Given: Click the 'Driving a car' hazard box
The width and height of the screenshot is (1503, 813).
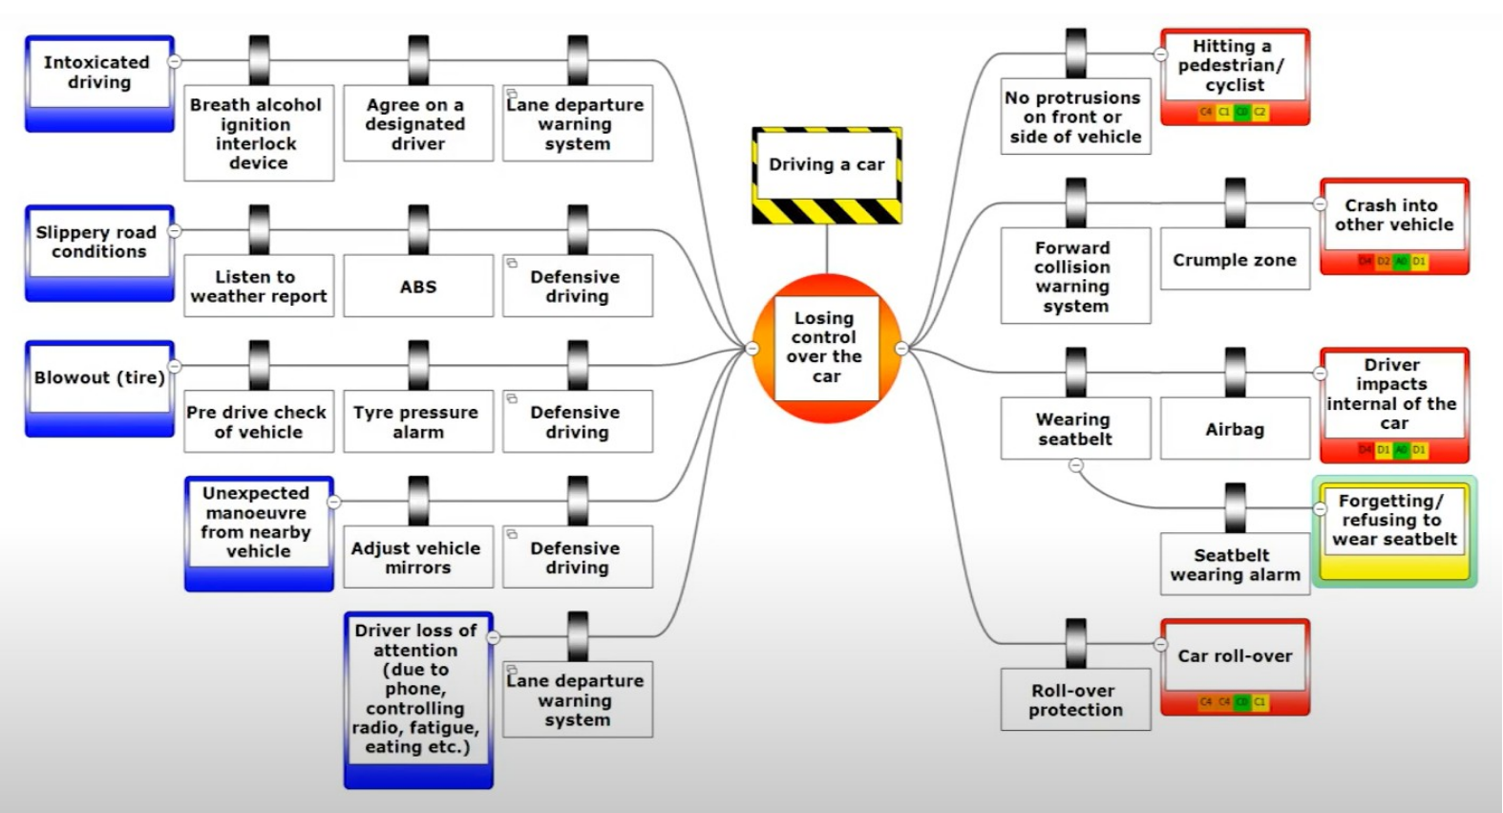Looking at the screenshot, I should point(827,165).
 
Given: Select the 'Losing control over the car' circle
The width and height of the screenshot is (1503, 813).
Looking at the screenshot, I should point(826,348).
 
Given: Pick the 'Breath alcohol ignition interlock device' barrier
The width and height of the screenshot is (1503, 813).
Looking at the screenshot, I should point(258,133).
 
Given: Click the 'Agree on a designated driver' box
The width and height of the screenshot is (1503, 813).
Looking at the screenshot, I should point(417,123).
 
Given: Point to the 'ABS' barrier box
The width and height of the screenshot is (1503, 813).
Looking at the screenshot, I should point(418,286).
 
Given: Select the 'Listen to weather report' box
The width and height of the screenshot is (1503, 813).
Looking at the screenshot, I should point(258,286).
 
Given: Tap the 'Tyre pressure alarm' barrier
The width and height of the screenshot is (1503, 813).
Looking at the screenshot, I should point(417,421).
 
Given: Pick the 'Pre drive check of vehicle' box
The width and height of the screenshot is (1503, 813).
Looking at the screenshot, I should point(258,421).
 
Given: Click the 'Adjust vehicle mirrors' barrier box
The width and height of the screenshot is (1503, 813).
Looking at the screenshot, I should point(417,557).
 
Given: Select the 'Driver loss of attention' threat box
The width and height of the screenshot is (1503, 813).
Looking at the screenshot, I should point(417,689).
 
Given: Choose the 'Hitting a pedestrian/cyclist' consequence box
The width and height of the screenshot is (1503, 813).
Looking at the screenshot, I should point(1235,67).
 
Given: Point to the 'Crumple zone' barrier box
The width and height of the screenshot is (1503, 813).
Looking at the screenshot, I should point(1235,259).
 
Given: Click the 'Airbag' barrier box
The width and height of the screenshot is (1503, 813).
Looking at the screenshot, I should point(1235,429).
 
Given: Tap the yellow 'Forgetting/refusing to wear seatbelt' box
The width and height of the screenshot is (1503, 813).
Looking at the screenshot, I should point(1394,522).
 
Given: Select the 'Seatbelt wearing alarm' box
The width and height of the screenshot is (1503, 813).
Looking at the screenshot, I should point(1235,564).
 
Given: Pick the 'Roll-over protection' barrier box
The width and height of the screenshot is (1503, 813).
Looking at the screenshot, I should point(1075,699).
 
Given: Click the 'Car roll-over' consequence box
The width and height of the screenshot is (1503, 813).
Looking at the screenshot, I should point(1235,657).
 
